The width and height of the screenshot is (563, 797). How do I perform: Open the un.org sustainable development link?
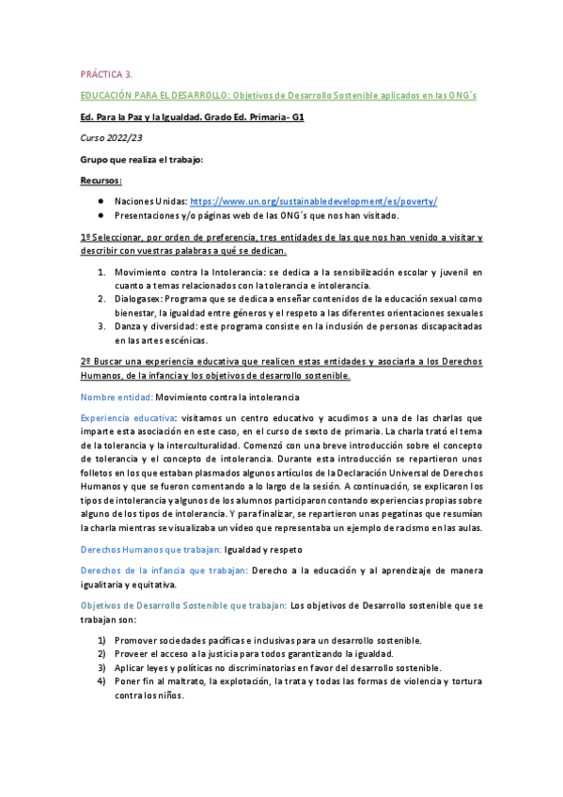coord(314,201)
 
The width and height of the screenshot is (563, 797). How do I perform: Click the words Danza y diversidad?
coord(155,325)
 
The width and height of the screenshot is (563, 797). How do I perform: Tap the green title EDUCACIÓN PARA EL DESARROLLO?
coord(153,96)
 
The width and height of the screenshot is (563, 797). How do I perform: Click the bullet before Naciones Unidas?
coord(101,201)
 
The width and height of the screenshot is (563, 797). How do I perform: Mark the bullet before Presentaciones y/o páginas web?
coord(101,215)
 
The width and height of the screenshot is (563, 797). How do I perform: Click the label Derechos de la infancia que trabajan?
coord(164,570)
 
